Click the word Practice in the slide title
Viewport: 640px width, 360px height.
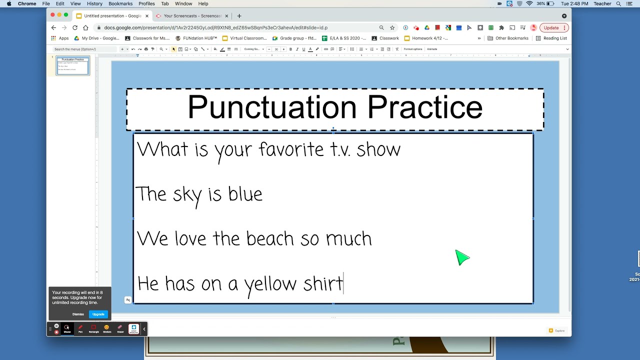click(425, 107)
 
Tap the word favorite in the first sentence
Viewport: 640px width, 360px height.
click(291, 149)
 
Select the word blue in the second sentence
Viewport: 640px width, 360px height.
click(245, 194)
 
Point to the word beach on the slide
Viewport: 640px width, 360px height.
click(270, 238)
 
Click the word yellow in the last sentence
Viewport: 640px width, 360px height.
click(270, 284)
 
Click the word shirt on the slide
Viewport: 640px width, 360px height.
click(323, 283)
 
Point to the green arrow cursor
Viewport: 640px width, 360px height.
click(461, 258)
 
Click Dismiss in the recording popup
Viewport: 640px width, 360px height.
click(78, 314)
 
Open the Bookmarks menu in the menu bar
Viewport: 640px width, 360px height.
click(120, 3)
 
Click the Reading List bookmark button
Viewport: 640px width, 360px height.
click(551, 38)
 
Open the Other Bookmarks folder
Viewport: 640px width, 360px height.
click(508, 38)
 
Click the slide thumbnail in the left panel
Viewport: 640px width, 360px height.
click(73, 66)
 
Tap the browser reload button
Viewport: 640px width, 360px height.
click(75, 28)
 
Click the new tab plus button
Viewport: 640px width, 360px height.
click(239, 16)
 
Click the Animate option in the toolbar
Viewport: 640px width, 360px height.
click(432, 49)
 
